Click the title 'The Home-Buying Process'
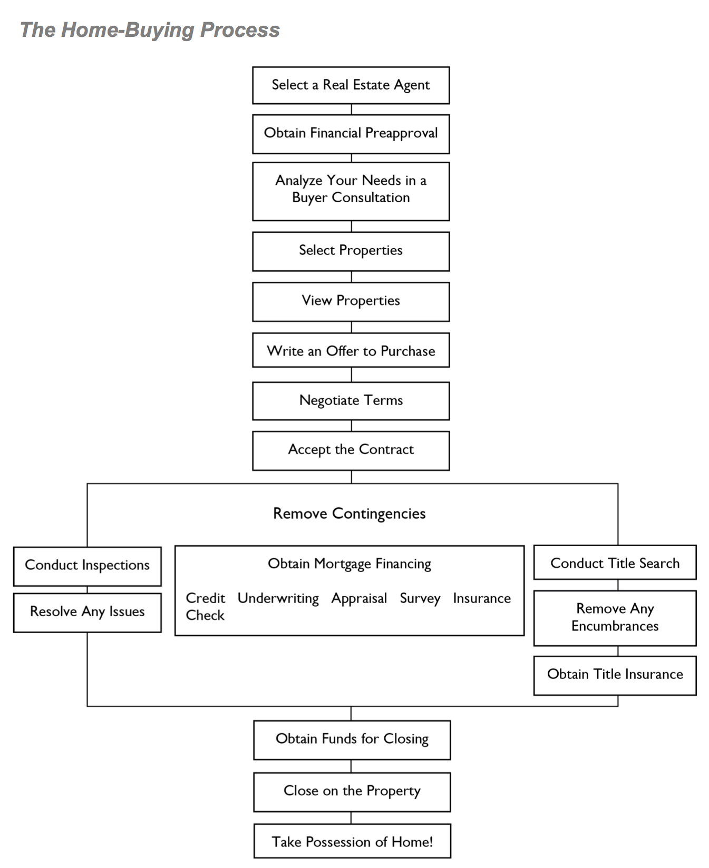pos(150,30)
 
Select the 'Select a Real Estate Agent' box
pos(351,85)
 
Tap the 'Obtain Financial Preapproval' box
pos(351,134)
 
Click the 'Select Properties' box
pos(351,251)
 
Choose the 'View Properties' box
pos(351,301)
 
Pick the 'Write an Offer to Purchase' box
pos(351,350)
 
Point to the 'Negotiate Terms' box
pos(351,401)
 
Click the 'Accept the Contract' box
pos(351,450)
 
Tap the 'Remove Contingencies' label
pos(349,514)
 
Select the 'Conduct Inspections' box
pos(88,566)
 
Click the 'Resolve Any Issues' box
pos(88,613)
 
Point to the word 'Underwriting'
pos(278,599)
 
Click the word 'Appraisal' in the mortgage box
pos(359,599)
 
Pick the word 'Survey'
pos(420,599)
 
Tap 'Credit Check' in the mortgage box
pos(206,607)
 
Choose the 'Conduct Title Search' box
pos(615,563)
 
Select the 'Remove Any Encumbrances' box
pos(615,618)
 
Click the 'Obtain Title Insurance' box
pos(615,675)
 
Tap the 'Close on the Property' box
pos(352,792)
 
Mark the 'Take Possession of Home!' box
pos(352,841)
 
